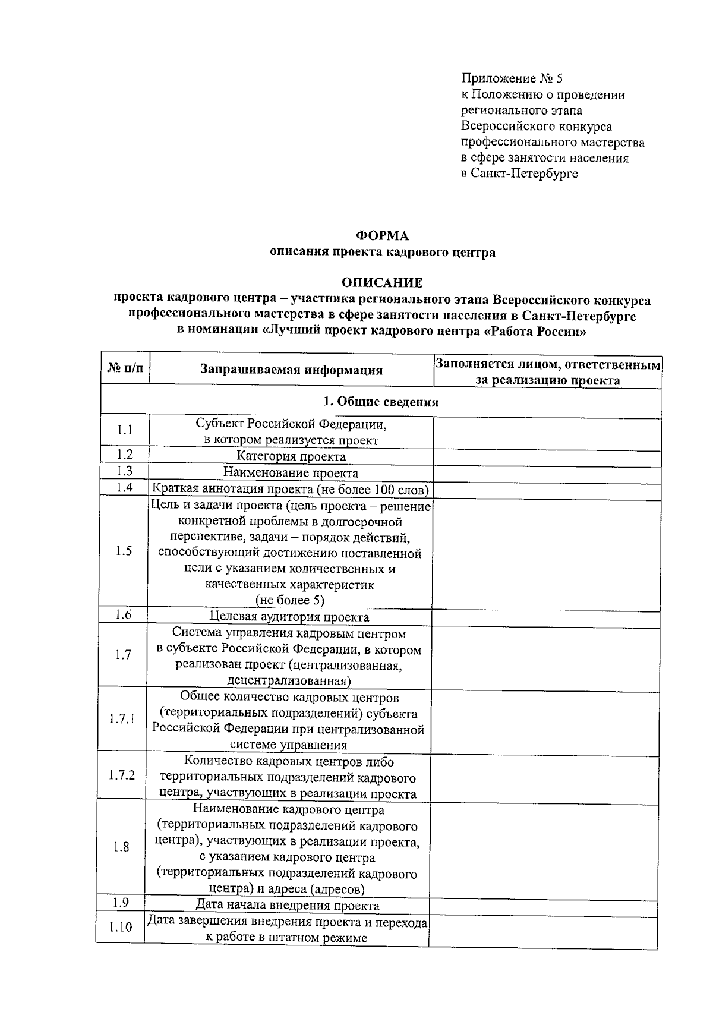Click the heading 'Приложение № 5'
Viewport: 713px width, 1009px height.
tap(512, 78)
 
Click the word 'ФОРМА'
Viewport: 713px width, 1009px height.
tap(382, 236)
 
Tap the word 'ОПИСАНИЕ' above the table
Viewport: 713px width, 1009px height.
tap(382, 283)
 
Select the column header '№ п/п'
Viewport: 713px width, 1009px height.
tap(125, 368)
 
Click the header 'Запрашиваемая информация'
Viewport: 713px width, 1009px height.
tap(291, 370)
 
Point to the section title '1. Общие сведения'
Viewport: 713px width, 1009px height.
tap(381, 402)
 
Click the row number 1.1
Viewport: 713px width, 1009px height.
tap(125, 430)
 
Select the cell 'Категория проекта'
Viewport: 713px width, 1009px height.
tap(291, 456)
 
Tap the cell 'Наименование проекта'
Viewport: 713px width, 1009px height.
tap(291, 473)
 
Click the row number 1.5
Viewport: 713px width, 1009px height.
tap(124, 551)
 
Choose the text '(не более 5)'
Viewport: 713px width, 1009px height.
tap(290, 600)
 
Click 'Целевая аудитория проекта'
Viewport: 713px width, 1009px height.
tap(290, 617)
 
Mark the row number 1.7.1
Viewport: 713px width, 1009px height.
tap(122, 719)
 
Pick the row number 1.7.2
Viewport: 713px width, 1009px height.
tap(122, 775)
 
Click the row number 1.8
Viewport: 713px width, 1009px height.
tap(121, 847)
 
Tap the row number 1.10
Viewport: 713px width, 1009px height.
tap(121, 927)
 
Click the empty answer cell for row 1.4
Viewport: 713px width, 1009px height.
tap(547, 490)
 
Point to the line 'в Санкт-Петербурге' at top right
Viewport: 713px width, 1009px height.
tap(519, 174)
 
